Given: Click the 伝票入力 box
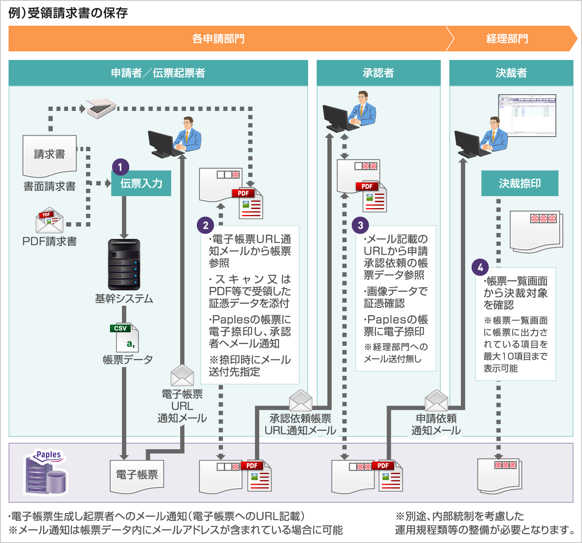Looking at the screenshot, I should point(141,184).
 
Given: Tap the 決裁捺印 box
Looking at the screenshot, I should point(520,184).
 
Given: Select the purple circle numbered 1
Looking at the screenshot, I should point(120,167).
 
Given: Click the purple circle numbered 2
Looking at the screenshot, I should point(205,225).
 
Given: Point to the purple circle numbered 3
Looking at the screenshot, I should point(360,225).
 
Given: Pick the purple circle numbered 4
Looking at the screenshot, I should point(480,267).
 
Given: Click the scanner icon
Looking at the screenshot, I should point(101,107).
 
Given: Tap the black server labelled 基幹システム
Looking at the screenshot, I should point(124,264).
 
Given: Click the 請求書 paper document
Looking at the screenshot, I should point(50,155).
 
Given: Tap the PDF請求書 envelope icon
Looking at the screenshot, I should point(50,221).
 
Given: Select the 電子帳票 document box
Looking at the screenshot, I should point(137,475).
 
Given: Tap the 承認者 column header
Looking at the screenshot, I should point(378,73).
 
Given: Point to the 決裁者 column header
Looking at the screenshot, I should point(511,73).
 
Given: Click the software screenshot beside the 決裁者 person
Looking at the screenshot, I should point(527,115).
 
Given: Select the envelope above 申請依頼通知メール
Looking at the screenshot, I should point(436,400).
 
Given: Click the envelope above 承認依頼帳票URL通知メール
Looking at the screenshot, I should point(300,400).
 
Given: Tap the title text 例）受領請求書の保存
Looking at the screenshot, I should point(68,13).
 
